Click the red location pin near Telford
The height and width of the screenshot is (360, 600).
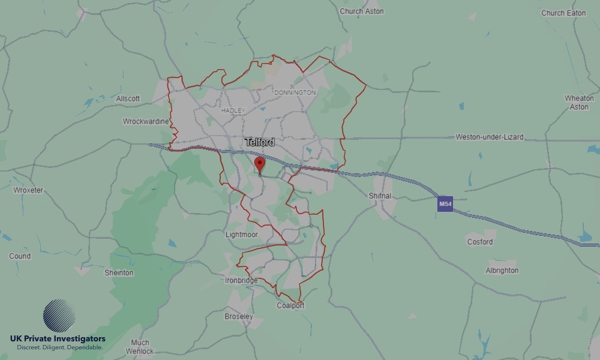coord(259,163)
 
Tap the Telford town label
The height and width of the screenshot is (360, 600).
coord(260,142)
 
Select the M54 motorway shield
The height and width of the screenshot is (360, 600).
coord(445,204)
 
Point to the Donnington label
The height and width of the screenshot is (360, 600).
coord(295,93)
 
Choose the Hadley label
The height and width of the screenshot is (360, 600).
coord(233,111)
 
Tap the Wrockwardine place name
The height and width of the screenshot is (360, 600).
coord(146,121)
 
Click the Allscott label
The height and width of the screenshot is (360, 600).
coord(128,98)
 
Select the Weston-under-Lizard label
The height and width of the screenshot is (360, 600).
coord(489,137)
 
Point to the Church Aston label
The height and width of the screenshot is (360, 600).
coord(361,11)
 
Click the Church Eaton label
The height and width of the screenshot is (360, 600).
coord(563,13)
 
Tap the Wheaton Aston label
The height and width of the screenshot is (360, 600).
coord(579,103)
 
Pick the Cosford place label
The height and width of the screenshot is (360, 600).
coord(479,242)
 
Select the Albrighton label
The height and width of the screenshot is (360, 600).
coord(502,271)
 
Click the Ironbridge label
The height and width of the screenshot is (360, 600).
coord(241,280)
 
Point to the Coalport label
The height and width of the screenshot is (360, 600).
coord(290,305)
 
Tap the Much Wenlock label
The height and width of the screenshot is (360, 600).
coord(140,347)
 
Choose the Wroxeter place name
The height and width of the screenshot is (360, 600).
coord(28,190)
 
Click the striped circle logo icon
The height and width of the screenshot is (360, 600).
coord(59,316)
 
